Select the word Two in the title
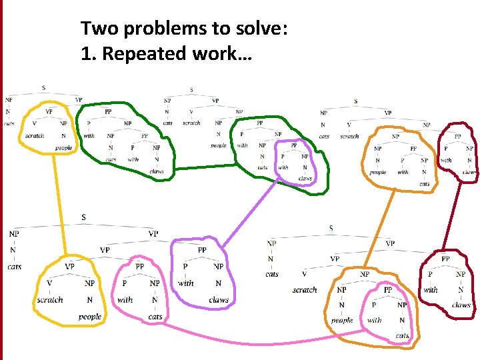tap(96, 29)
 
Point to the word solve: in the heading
tap(262, 29)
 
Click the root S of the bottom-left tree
tap(83, 217)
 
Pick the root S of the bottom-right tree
tap(331, 229)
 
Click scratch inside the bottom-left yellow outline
tap(50, 300)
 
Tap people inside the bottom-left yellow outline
tap(89, 316)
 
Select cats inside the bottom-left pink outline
tap(155, 316)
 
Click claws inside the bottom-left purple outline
tap(219, 300)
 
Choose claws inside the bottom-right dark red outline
tap(461, 305)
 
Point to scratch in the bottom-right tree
tap(305, 290)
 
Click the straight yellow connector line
tap(60, 207)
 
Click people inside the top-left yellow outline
tap(64, 147)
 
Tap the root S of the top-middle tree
tap(191, 90)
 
